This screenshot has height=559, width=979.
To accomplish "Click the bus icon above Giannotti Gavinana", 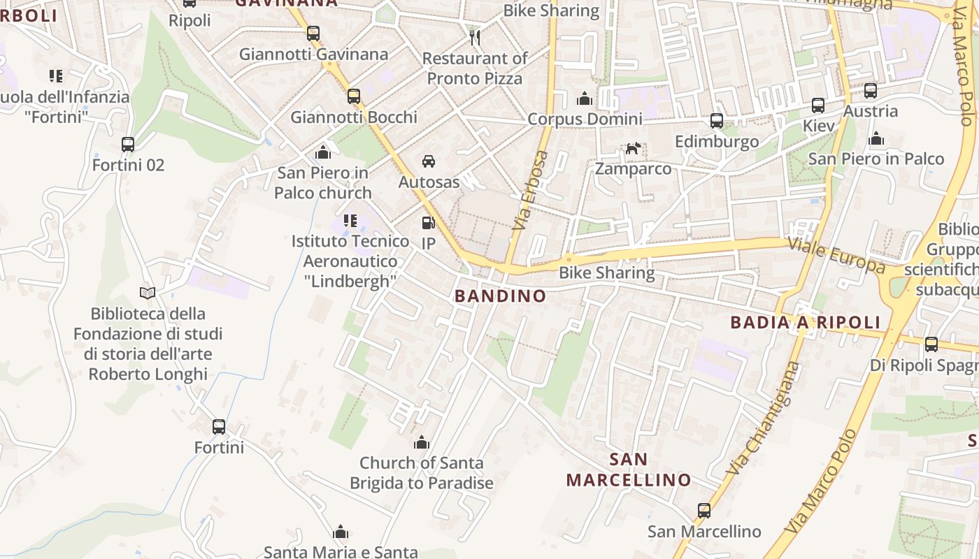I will pos(313,33).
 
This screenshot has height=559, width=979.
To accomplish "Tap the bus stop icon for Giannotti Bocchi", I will pos(354,96).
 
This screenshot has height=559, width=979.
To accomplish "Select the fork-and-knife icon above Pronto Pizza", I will pos(475,37).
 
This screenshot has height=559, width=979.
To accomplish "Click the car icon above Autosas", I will pos(429,161).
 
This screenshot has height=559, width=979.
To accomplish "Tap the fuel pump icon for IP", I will pos(428,223).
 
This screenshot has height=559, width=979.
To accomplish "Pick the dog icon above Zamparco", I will pos(633,148).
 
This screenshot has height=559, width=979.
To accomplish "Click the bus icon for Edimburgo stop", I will pos(717,121).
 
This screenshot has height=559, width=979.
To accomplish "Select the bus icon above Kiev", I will pos(818,106).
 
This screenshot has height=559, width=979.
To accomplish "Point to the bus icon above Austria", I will pos(871,91).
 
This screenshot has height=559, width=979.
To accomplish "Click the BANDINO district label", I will pos(501,296).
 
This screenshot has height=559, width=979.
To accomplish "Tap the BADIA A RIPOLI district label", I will pos(806,322).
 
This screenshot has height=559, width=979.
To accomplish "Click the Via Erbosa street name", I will pos(532,191).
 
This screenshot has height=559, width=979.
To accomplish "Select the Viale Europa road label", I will pos(836,255).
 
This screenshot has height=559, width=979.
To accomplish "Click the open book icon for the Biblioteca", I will pos(148,293).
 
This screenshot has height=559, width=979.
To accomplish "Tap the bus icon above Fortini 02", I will pos(128,145).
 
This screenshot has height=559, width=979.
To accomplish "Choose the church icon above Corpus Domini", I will pos(585,99).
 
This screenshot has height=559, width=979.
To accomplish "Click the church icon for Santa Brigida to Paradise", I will pos(421,442).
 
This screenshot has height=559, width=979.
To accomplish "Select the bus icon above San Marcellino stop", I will pos(704,511).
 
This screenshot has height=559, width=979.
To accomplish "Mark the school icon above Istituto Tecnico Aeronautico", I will pos(350,221).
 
